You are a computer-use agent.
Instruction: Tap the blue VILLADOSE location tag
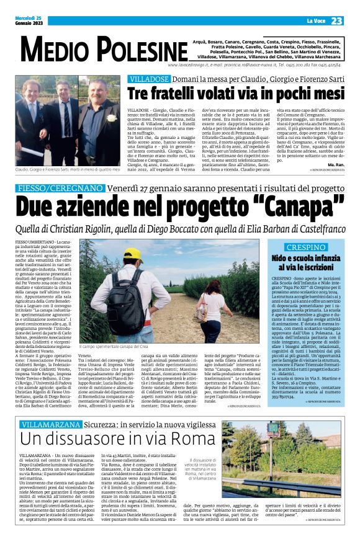coord(147,79)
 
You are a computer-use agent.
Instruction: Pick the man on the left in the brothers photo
coord(35,124)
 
